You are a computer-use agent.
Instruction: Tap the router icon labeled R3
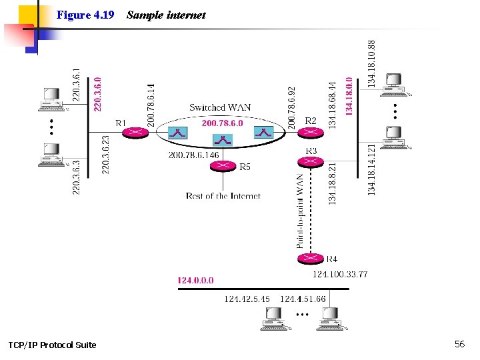tap(309, 161)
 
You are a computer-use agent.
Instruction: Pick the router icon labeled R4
tap(309, 259)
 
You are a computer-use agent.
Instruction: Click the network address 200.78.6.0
tap(222, 123)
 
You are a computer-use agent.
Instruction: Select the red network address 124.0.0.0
tap(195, 281)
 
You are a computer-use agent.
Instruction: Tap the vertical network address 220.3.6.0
tap(98, 93)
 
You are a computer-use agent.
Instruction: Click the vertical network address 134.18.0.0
tap(349, 94)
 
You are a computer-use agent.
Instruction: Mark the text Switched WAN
tap(220, 107)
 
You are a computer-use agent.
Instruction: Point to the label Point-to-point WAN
tap(300, 211)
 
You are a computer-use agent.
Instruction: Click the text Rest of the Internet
tap(223, 196)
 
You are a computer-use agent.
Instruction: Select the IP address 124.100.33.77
tap(340, 274)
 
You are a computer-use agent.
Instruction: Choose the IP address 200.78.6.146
tap(193, 155)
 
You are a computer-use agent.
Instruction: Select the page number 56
tap(459, 344)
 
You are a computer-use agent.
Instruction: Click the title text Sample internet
tap(166, 15)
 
